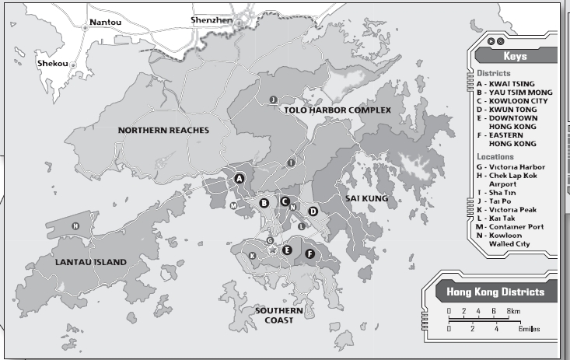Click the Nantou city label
pyautogui.click(x=106, y=22)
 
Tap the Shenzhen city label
pyautogui.click(x=212, y=19)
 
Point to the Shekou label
pyautogui.click(x=53, y=63)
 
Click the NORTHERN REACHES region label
pyautogui.click(x=163, y=130)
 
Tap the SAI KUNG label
pyautogui.click(x=366, y=198)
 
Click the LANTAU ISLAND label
pyautogui.click(x=90, y=262)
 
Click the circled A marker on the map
pyautogui.click(x=240, y=178)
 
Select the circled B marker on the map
pyautogui.click(x=264, y=203)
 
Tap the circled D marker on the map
pyautogui.click(x=313, y=211)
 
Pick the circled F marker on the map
pyautogui.click(x=309, y=253)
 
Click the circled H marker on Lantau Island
pyautogui.click(x=75, y=226)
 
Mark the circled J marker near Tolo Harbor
pyautogui.click(x=273, y=100)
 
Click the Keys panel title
pyautogui.click(x=515, y=57)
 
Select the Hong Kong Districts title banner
pyautogui.click(x=495, y=292)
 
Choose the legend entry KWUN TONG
pyautogui.click(x=515, y=109)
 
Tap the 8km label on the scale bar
pyautogui.click(x=513, y=311)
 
